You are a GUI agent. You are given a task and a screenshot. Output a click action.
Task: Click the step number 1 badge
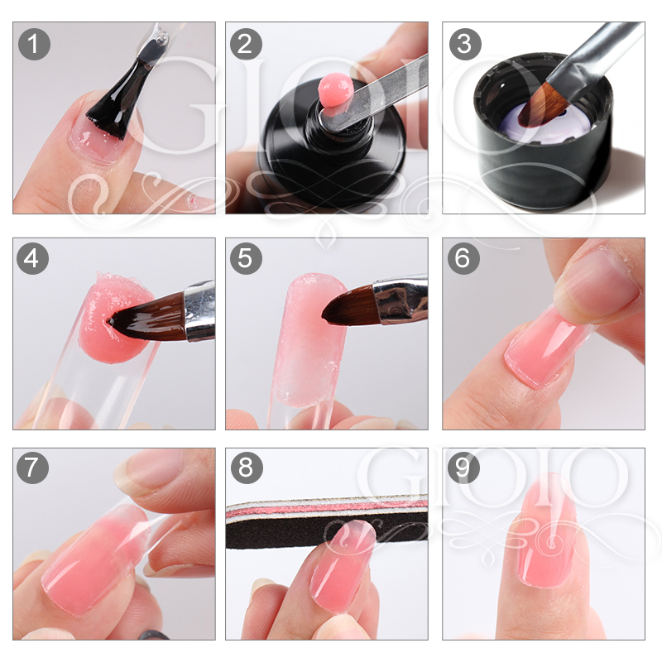[x=33, y=43]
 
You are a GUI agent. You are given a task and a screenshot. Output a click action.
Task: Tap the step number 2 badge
[x=246, y=43]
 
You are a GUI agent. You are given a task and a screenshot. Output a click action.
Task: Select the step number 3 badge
[x=463, y=43]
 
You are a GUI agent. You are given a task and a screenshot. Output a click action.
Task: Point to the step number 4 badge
[x=33, y=259]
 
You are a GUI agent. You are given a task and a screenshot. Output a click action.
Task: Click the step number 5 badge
[x=246, y=259]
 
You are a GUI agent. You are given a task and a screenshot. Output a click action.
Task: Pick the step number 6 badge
[x=463, y=259]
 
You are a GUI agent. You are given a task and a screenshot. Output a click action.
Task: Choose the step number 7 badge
[x=33, y=468]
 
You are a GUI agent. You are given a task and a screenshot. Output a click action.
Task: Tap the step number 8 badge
[x=246, y=468]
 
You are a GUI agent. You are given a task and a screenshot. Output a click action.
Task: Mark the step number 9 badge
[x=463, y=468]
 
